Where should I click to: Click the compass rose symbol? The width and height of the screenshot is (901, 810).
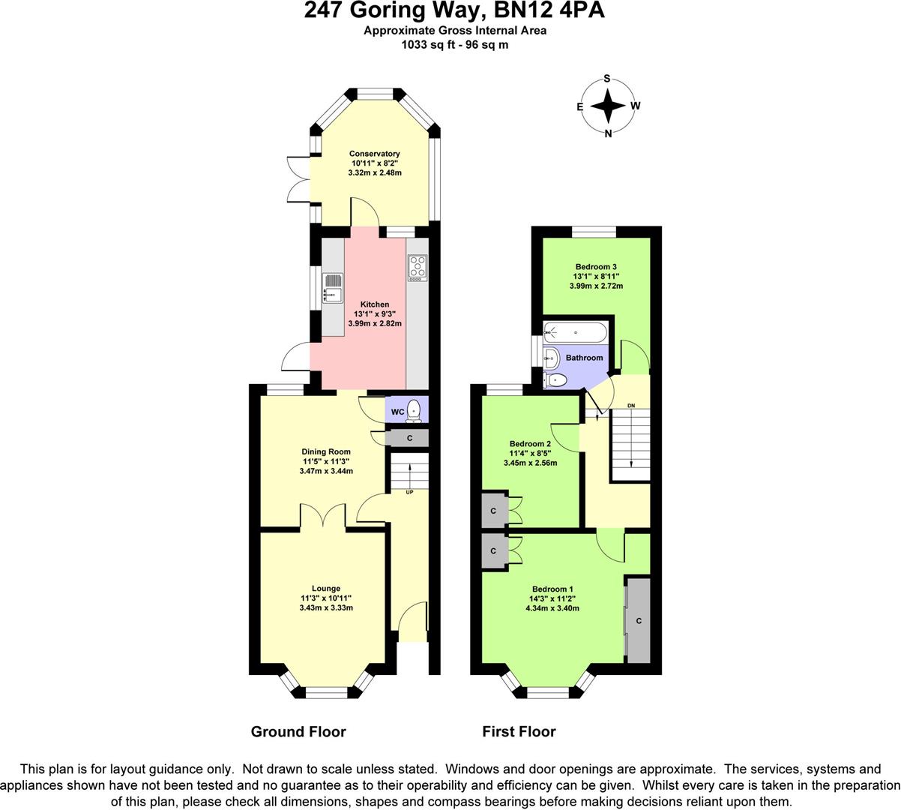pyautogui.click(x=608, y=106)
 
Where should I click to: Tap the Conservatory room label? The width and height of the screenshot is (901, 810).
pyautogui.click(x=374, y=154)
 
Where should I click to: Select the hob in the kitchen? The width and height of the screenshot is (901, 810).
pyautogui.click(x=417, y=268)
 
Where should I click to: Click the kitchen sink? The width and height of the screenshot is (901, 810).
pyautogui.click(x=331, y=289)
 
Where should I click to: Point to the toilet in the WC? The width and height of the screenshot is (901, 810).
pyautogui.click(x=414, y=412)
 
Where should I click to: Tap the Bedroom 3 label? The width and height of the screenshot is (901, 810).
pyautogui.click(x=596, y=266)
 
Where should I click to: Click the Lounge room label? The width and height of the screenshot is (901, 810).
pyautogui.click(x=326, y=588)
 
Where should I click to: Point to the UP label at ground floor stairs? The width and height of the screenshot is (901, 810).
pyautogui.click(x=409, y=493)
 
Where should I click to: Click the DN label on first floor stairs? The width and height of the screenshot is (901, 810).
pyautogui.click(x=631, y=406)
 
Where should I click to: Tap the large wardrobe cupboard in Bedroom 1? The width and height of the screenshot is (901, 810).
pyautogui.click(x=638, y=620)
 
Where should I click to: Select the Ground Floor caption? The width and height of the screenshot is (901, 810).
pyautogui.click(x=298, y=731)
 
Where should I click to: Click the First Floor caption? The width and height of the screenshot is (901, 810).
pyautogui.click(x=519, y=731)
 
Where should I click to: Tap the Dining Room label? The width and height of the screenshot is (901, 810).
pyautogui.click(x=326, y=451)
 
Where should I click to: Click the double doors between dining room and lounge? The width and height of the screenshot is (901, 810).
pyautogui.click(x=324, y=517)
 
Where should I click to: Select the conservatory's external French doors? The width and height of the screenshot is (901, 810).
pyautogui.click(x=297, y=179)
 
